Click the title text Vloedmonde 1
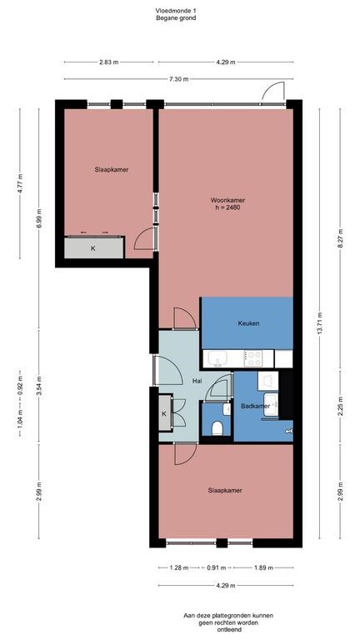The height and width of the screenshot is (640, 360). (x=179, y=9)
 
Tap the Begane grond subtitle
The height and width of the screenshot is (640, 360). (x=179, y=17)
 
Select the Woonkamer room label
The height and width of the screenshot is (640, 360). (x=227, y=200)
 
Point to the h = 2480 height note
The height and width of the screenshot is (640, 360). (x=227, y=208)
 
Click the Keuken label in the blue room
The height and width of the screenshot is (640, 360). (x=248, y=323)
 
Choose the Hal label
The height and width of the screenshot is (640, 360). (x=197, y=381)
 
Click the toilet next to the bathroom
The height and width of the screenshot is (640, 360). (x=217, y=427)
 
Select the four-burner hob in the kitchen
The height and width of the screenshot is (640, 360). (x=253, y=358)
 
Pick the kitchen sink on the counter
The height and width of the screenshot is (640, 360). (x=218, y=359)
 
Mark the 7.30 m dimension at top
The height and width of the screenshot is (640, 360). (x=179, y=79)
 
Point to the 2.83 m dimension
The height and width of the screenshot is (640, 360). (x=108, y=62)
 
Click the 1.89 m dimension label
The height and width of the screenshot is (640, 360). (x=262, y=567)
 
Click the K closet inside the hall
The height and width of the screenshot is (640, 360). (x=164, y=414)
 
